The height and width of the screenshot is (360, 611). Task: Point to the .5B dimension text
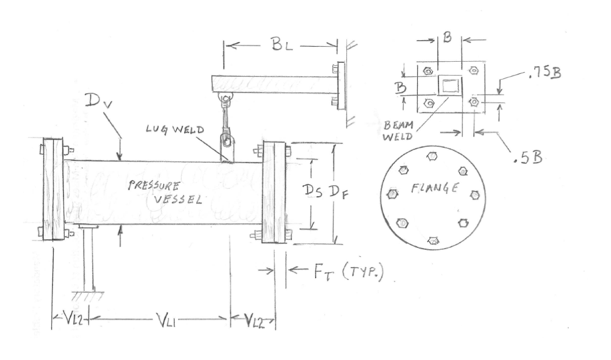click(526, 158)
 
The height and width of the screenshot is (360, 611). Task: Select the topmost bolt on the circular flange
click(432, 156)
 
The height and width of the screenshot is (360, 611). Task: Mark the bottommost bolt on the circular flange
click(434, 239)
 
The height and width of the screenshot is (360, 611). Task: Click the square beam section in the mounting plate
click(449, 87)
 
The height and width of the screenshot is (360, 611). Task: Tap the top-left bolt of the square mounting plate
click(427, 72)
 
